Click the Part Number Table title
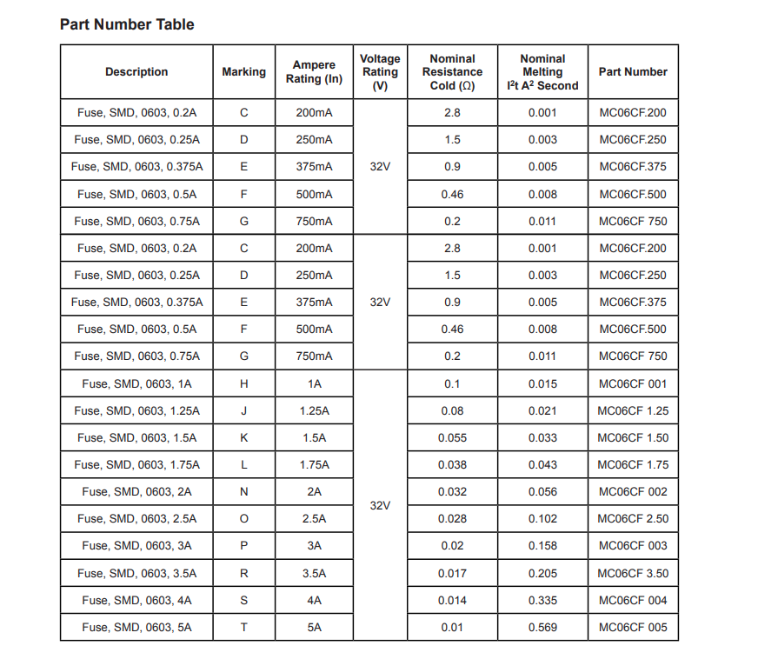(127, 24)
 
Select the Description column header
(136, 72)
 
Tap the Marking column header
(243, 72)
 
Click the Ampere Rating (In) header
(314, 72)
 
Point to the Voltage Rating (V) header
(380, 72)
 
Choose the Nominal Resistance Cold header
(452, 72)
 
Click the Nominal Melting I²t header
(542, 72)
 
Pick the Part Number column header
(633, 72)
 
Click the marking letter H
(243, 383)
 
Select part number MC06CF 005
(633, 627)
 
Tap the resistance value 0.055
(452, 437)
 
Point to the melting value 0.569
(542, 627)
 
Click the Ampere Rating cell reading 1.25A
(314, 410)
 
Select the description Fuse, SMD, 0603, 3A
(136, 546)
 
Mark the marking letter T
(243, 627)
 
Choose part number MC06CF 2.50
(633, 519)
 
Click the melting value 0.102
(542, 519)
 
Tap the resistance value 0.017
(452, 573)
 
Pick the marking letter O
(243, 519)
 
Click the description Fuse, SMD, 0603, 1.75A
(136, 464)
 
